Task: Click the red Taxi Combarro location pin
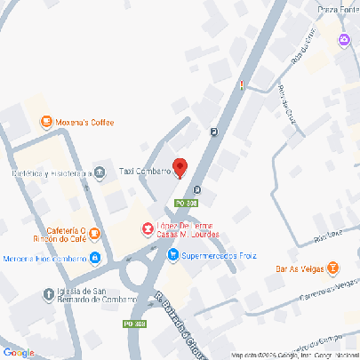click(x=180, y=167)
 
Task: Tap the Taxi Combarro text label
click(x=145, y=171)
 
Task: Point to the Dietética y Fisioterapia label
click(x=52, y=174)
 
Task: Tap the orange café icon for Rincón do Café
click(x=95, y=234)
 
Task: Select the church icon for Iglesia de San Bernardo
click(x=47, y=293)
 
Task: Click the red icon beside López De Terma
click(x=147, y=228)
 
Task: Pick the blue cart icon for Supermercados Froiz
click(x=172, y=255)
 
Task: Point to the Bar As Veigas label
click(x=299, y=267)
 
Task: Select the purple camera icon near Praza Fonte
click(x=343, y=38)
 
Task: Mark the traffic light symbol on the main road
click(x=241, y=86)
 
